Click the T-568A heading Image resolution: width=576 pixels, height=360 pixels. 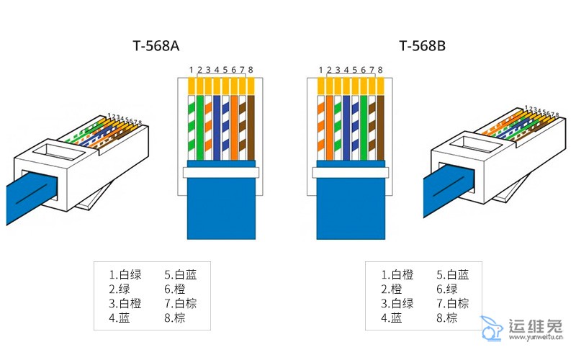pyautogui.click(x=156, y=46)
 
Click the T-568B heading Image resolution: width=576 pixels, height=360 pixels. pyautogui.click(x=423, y=46)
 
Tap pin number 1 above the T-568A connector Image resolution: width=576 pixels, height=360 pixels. pyautogui.click(x=192, y=70)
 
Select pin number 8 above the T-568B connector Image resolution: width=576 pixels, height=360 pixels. pyautogui.click(x=380, y=70)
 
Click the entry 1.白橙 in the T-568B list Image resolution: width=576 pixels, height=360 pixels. pyautogui.click(x=397, y=274)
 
